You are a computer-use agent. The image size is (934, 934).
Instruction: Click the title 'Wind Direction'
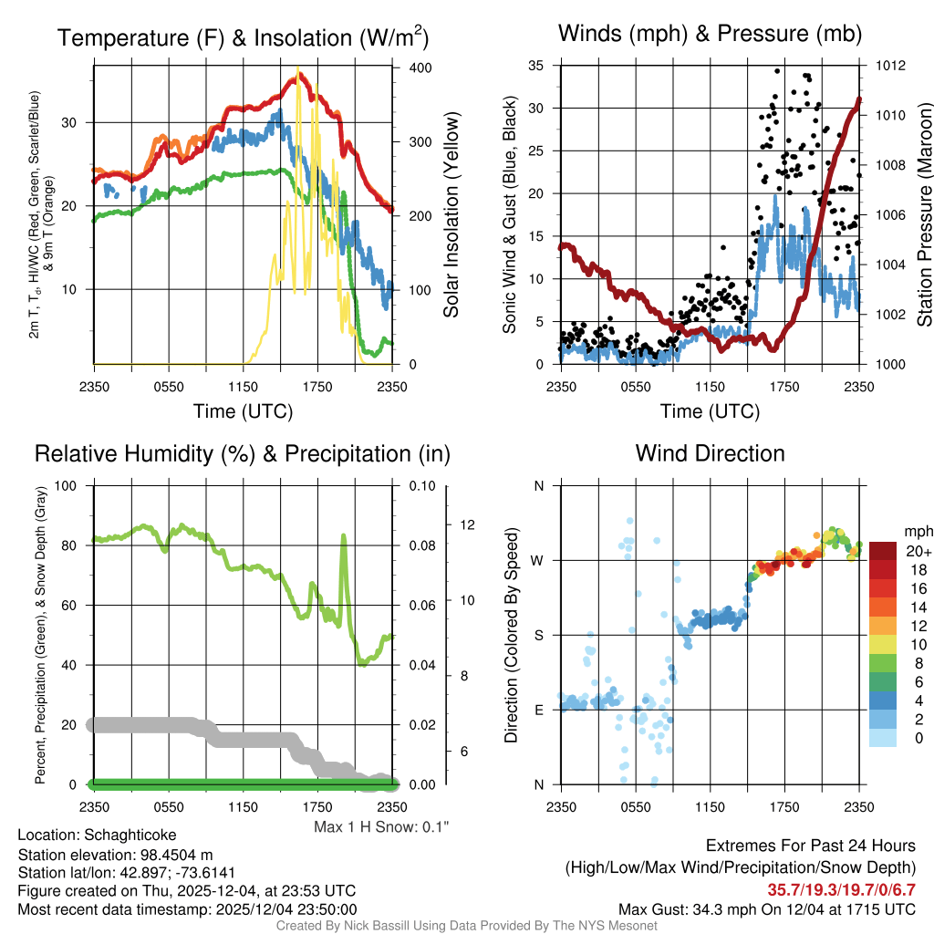710,453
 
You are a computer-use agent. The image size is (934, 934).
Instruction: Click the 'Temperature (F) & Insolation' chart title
243,38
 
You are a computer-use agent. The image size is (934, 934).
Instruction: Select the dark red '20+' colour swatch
883,551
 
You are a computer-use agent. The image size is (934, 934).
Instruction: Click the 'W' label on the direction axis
537,560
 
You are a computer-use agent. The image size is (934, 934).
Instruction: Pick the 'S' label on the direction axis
538,635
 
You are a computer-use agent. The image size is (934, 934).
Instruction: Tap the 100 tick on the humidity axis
67,485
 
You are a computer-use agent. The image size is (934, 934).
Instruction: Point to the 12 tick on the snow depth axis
469,524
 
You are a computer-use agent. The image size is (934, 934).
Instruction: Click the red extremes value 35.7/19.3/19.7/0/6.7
840,889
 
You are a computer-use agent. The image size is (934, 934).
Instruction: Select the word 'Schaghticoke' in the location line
130,835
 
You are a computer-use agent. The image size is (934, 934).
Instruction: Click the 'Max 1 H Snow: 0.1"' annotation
381,827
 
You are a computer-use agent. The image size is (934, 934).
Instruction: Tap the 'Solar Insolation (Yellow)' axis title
451,215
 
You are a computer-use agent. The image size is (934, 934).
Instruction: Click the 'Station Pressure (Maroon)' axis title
922,215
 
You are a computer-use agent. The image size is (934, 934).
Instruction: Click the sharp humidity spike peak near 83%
344,536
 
